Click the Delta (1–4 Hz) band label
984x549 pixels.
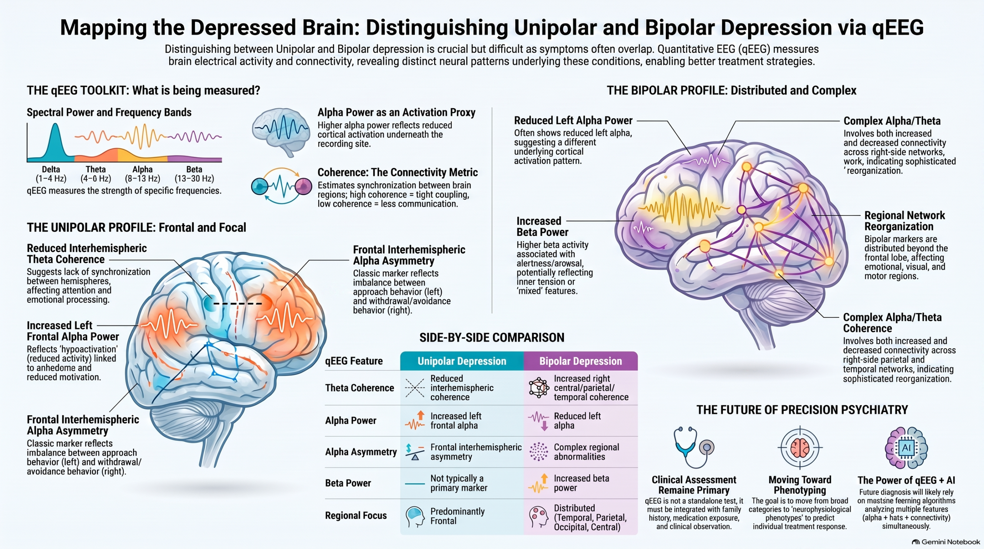tap(51, 174)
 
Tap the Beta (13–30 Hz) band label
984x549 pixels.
tap(194, 174)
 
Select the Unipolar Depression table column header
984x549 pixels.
tap(462, 361)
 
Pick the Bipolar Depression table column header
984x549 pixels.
tap(580, 361)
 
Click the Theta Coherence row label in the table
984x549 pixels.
tap(359, 388)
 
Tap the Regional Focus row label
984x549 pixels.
tap(356, 516)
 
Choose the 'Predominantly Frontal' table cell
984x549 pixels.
tap(457, 516)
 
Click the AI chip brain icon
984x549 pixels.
tap(906, 448)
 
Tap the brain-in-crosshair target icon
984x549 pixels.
tap(800, 448)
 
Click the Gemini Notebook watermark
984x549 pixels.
tap(946, 542)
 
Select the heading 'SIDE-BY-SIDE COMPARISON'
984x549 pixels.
tap(492, 338)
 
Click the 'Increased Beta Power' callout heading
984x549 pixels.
tap(542, 227)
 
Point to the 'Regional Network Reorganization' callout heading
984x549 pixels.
tap(904, 221)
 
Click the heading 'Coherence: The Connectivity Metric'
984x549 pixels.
tap(397, 172)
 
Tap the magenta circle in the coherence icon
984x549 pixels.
tap(304, 186)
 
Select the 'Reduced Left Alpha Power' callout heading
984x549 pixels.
tap(573, 121)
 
